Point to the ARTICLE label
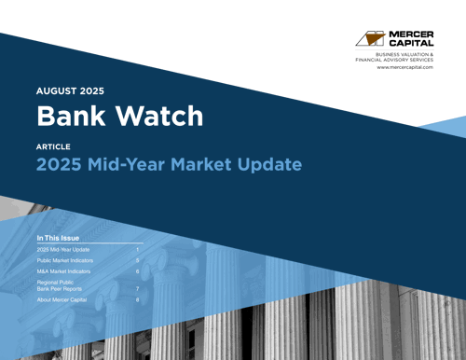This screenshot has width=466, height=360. [x=52, y=147]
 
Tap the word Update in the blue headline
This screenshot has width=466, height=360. [x=267, y=165]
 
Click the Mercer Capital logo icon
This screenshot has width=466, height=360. [x=370, y=38]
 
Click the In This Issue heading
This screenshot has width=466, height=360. [x=58, y=238]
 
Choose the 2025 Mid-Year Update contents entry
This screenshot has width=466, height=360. [x=62, y=250]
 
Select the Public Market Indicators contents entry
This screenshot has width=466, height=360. [x=65, y=261]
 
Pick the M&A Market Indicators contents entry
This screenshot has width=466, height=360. [x=63, y=272]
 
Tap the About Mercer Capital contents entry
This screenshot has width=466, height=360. [x=61, y=300]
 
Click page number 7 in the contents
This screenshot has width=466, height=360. [x=137, y=289]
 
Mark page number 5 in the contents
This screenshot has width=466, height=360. [x=137, y=261]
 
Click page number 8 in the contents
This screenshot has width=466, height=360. [x=137, y=300]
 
